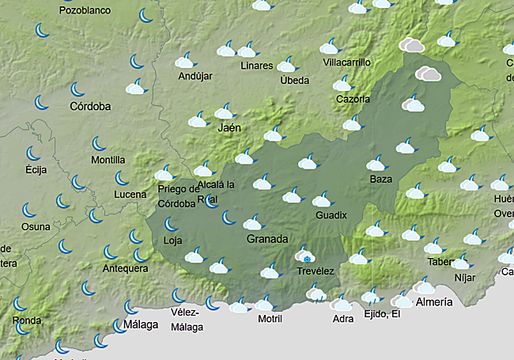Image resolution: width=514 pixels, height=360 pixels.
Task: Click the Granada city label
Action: [266, 239]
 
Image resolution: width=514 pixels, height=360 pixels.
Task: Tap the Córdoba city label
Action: [90, 106]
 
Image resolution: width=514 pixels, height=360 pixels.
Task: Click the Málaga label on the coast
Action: [140, 325]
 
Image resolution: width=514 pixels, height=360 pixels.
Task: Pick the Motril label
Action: [270, 319]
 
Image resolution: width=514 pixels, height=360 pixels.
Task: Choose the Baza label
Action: [381, 180]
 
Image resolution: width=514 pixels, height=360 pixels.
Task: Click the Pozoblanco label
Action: [85, 11]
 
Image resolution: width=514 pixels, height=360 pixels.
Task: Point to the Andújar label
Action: [195, 77]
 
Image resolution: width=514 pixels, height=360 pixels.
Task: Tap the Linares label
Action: [257, 66]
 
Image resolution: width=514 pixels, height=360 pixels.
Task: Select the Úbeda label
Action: [294, 80]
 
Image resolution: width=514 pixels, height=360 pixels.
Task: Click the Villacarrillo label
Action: [347, 63]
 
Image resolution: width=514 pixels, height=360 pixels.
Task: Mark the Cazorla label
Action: [353, 100]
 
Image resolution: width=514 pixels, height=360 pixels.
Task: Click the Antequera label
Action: [125, 269]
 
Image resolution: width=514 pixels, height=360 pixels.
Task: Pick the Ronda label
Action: [27, 320]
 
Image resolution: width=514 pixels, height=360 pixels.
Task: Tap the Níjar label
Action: [466, 278]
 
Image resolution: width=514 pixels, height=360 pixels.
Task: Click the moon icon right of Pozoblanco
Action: [146, 15]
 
